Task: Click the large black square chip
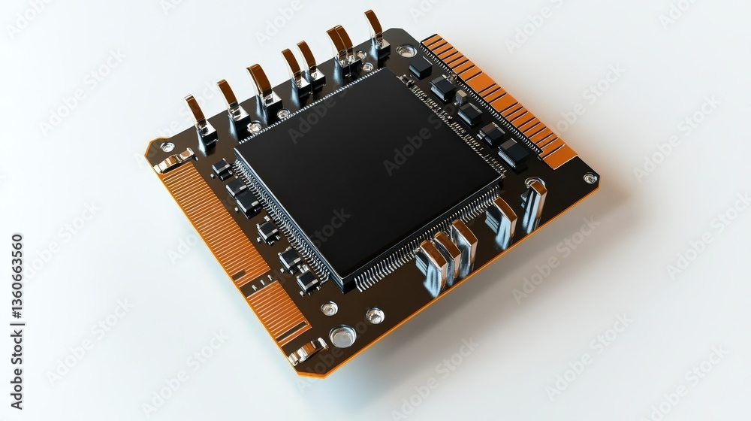click(x=368, y=174)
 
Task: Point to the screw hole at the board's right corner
click(x=590, y=178)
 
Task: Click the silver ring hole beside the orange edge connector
click(x=406, y=50)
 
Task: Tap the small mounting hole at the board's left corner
click(x=167, y=147)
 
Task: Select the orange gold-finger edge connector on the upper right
click(x=498, y=100)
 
